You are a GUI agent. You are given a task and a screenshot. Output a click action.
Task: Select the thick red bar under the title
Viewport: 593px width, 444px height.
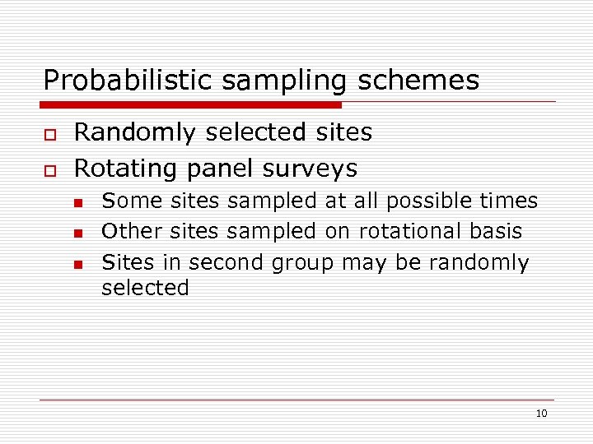(x=191, y=105)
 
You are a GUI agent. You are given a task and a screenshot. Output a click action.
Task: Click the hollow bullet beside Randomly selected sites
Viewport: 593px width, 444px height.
(x=49, y=133)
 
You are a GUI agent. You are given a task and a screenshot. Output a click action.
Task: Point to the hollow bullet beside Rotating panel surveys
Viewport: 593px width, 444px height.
(x=49, y=169)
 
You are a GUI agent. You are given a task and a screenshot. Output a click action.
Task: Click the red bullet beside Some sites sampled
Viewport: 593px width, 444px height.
(x=78, y=202)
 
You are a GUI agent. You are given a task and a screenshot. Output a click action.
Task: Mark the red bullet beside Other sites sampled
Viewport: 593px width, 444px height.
(x=78, y=233)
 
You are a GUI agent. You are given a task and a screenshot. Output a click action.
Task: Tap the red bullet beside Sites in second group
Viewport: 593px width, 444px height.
(x=78, y=264)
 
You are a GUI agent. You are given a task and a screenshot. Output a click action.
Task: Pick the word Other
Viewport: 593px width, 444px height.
(x=132, y=232)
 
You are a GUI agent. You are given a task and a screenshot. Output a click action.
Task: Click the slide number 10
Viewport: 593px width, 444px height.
(x=541, y=413)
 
